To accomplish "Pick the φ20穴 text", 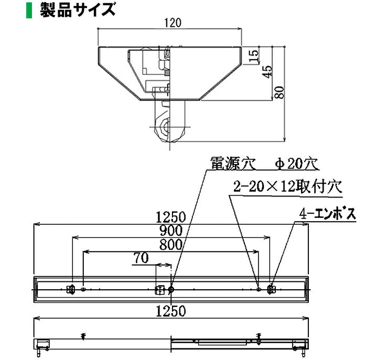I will (296, 163).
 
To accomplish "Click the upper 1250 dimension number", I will (171, 216).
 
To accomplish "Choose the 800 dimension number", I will (171, 244).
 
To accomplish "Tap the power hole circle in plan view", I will (171, 288).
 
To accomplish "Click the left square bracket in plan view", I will (70, 288).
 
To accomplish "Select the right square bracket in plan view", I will (271, 288).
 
